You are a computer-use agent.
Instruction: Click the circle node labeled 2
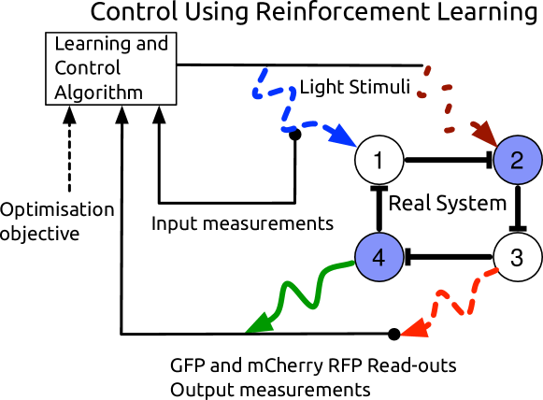518,160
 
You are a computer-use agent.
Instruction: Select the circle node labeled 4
379,257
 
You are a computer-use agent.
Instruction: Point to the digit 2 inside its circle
518,160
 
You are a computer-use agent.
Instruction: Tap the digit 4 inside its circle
379,257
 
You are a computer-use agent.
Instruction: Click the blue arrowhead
344,137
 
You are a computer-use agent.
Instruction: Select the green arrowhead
257,323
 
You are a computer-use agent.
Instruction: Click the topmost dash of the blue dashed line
263,74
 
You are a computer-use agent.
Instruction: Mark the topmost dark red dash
427,70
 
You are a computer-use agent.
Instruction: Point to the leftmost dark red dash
422,94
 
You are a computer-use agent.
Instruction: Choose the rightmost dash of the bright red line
491,272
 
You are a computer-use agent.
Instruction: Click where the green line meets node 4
356,263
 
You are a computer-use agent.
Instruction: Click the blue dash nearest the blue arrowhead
329,127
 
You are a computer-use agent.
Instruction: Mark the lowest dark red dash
450,130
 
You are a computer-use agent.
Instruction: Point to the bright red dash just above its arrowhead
435,308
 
